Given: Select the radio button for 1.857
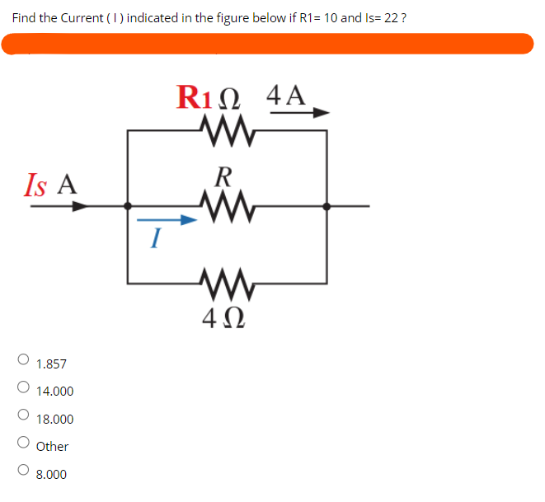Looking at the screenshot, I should [24, 359].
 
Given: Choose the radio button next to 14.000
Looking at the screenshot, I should [24, 387].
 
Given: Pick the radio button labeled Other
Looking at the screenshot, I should [24, 443].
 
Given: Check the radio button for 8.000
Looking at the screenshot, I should [24, 471].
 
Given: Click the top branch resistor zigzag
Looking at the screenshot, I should [227, 128].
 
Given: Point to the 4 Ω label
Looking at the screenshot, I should [221, 318].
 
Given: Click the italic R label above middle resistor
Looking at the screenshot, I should [222, 176].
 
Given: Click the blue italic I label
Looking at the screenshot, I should [154, 240].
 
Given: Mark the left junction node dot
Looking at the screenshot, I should [126, 206].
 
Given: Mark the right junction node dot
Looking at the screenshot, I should [327, 206].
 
